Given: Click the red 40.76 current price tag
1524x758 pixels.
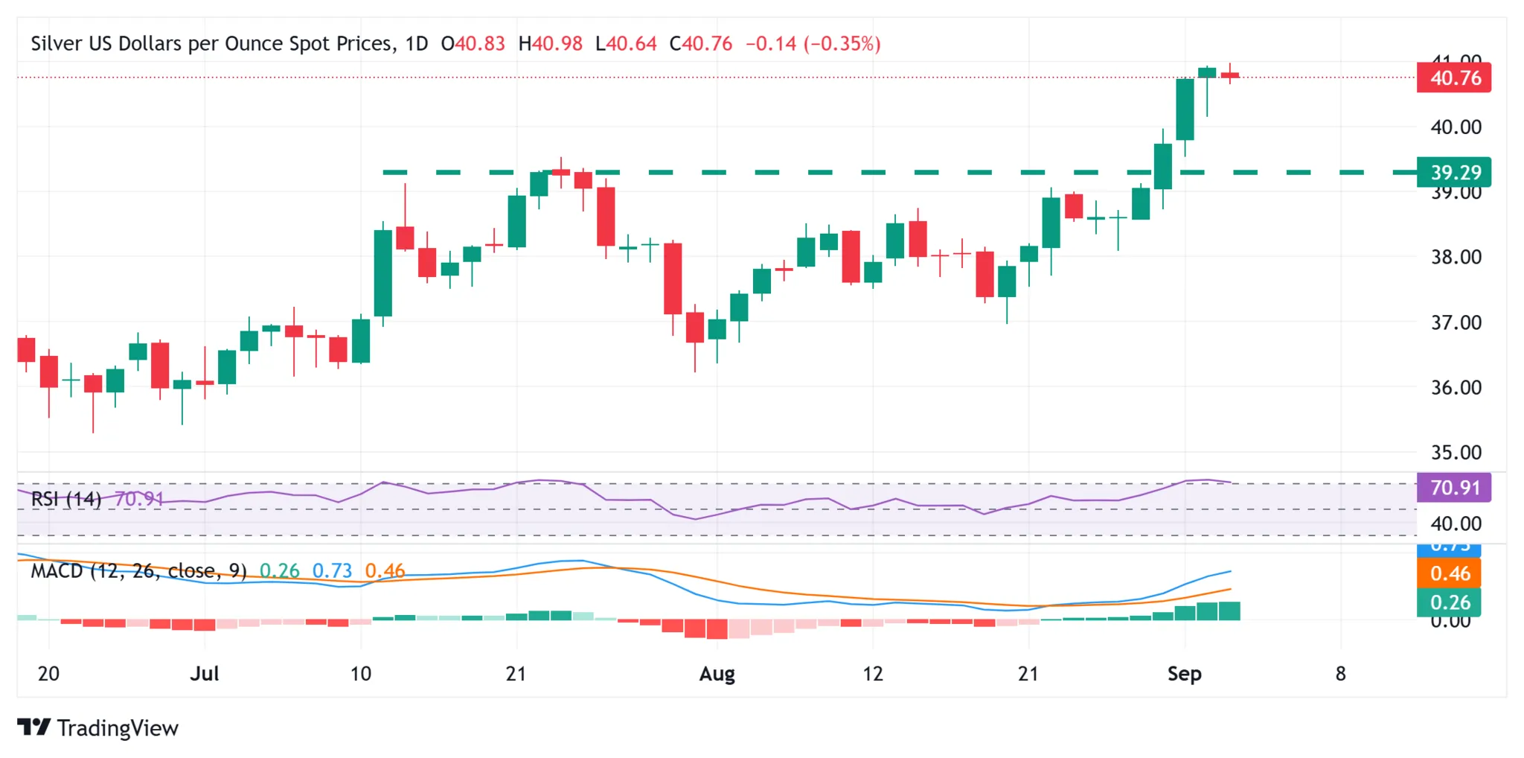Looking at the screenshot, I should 1453,78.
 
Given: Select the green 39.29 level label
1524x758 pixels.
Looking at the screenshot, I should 1453,173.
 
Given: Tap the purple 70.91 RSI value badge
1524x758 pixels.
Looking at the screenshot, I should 1453,488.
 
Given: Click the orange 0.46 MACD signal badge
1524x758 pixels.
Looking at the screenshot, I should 1450,573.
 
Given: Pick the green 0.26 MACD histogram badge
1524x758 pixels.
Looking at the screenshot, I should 1450,602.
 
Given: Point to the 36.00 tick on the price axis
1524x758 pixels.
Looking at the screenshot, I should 1456,387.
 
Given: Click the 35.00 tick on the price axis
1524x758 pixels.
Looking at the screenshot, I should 1456,452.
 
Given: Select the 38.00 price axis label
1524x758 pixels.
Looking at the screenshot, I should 1456,257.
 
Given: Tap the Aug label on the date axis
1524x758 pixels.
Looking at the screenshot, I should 717,674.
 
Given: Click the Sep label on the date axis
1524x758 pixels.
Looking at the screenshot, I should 1184,674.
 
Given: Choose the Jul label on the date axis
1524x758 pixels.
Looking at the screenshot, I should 204,674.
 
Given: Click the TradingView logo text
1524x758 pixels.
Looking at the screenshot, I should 117,727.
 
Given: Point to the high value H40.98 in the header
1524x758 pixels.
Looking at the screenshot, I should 551,43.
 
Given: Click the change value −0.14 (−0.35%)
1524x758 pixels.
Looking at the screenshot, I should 813,43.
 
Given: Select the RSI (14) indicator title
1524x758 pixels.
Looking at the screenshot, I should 66,499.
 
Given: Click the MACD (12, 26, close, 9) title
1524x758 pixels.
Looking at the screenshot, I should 138,571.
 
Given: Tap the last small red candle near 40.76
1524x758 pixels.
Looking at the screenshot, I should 1230,75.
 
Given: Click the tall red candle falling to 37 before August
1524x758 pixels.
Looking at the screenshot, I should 673,278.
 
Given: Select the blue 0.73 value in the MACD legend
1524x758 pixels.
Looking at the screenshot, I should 332,571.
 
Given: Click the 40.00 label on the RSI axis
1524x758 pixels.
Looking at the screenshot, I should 1456,523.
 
